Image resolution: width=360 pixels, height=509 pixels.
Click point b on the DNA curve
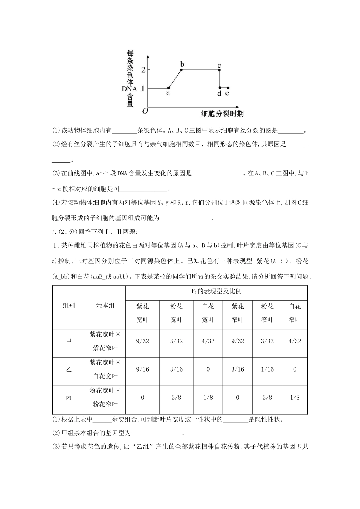pos(182,69)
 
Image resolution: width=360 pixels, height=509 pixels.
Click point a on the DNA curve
pos(168,88)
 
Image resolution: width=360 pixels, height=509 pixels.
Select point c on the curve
pos(219,69)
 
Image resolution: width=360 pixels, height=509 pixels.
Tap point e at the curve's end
pos(227,88)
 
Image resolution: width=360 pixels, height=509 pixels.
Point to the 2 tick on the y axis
pos(143,70)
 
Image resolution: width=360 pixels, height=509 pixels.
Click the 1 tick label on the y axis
pos(143,88)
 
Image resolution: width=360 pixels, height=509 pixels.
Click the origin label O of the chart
pos(145,111)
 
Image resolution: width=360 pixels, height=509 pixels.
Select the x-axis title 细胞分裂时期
pos(222,114)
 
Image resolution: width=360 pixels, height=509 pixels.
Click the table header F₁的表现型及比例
pos(216,291)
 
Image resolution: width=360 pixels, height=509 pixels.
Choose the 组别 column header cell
pos(69,305)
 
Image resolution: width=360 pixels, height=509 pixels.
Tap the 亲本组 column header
pos(105,305)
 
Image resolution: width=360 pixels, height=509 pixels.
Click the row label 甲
pos(69,341)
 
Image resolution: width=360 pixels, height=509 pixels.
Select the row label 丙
pos(69,397)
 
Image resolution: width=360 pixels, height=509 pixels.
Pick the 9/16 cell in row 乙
pos(142,369)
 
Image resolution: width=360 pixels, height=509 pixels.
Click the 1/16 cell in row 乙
pos(267,369)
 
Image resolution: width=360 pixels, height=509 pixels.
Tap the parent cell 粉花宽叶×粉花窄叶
pos(105,397)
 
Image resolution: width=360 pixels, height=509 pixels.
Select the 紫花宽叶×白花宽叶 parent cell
pos(105,369)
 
